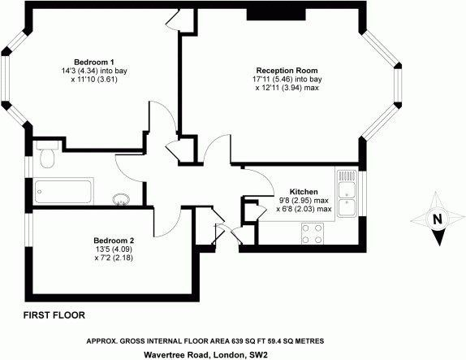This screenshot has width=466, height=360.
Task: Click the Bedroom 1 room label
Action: pos(94,63)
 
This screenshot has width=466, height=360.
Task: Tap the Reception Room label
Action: pos(287,71)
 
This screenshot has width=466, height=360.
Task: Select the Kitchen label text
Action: pos(304,192)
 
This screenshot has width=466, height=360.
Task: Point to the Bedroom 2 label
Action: pos(114,241)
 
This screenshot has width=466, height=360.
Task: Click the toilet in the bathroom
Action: pos(47,154)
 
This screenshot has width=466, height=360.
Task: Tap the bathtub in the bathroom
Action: pos(63,191)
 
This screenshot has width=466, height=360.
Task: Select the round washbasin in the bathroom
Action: pos(121,199)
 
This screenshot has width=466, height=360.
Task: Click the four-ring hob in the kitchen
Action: pos(313,233)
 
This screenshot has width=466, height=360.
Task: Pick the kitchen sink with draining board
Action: pos(347,193)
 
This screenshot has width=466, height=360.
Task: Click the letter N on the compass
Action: pos(437,219)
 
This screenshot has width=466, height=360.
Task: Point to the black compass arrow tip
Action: pos(439,245)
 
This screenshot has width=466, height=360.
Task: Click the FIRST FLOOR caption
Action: pos(54,315)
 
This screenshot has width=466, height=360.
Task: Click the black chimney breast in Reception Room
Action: pos(276,15)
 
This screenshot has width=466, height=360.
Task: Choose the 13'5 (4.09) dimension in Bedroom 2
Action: pos(113,249)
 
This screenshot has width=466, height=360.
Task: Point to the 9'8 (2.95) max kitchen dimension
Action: pos(303,200)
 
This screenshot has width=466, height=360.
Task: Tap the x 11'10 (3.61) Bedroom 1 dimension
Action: pos(94,80)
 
